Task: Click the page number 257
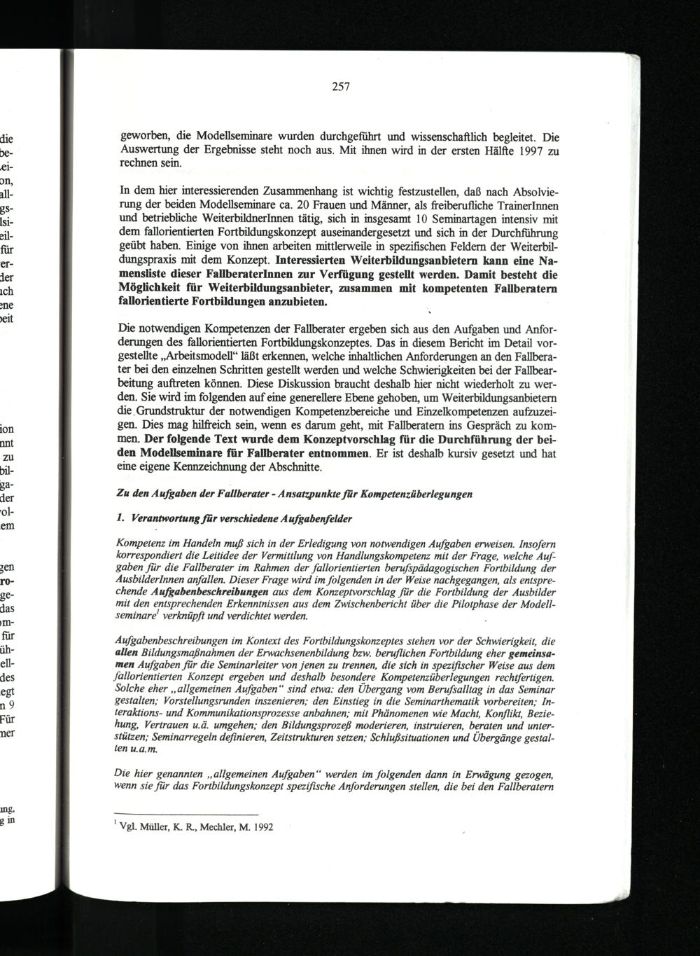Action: [340, 88]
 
